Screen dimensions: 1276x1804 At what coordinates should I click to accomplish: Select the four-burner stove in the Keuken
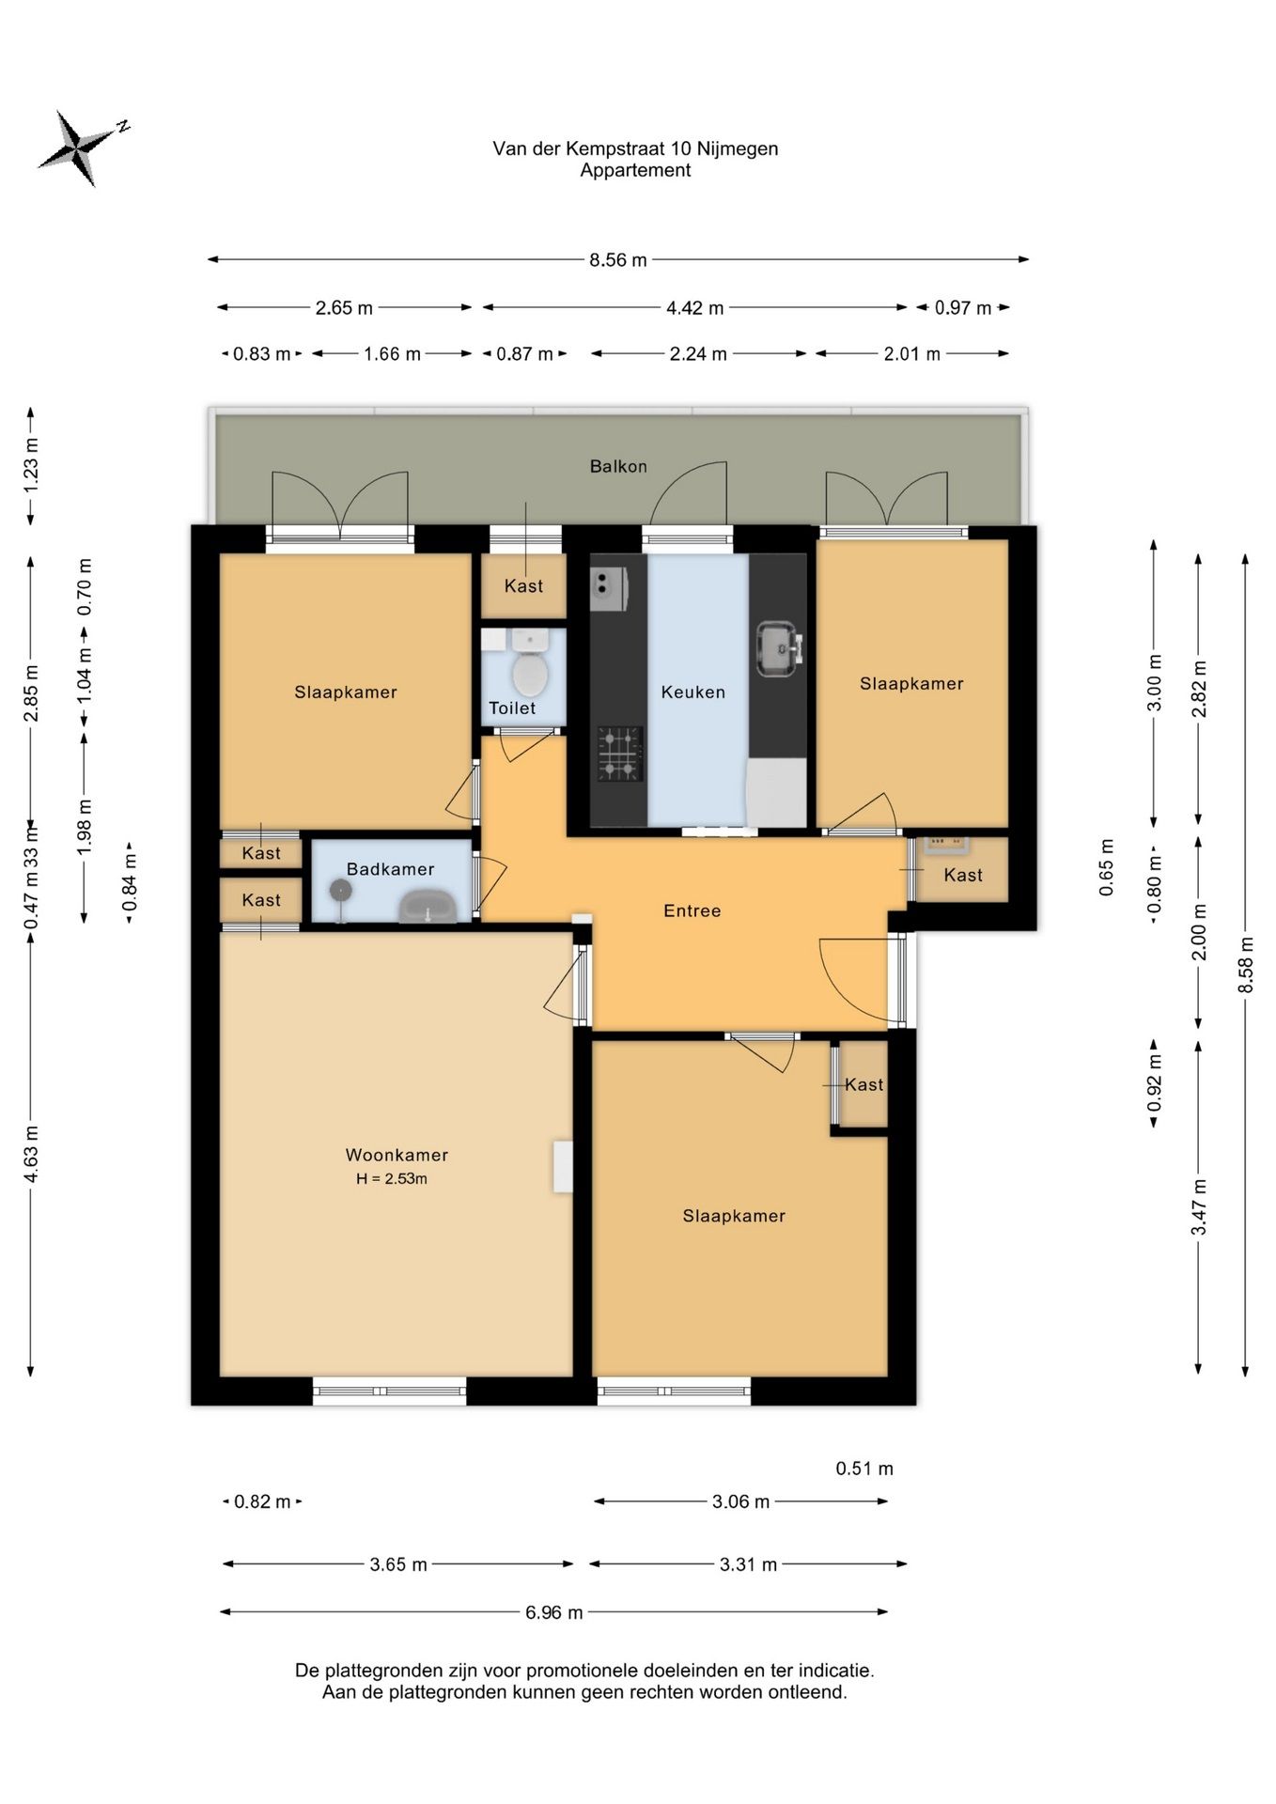coord(620,754)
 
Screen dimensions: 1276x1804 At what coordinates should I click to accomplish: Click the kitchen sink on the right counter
coord(779,647)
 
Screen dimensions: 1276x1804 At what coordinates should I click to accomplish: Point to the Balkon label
coord(618,466)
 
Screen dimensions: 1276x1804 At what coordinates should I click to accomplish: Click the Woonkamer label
coord(397,1155)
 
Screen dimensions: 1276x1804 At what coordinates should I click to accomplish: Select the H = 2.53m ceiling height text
coord(392,1179)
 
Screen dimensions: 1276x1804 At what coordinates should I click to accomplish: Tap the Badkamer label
coord(390,869)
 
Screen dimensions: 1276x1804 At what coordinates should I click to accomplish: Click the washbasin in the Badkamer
coord(428,908)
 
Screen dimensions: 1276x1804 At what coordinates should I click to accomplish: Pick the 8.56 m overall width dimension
coord(618,259)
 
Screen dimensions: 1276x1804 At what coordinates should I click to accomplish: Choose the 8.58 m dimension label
coord(1246,965)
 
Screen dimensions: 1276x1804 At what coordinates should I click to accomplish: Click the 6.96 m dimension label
coord(554,1612)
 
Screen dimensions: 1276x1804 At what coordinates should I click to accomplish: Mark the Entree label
coord(692,910)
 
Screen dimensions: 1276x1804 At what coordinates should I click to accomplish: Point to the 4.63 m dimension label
coord(31,1154)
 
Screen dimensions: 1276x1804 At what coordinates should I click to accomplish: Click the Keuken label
coord(693,692)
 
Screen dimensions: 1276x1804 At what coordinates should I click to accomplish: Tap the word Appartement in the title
coord(635,170)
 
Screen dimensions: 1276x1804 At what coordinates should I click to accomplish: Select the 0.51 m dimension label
coord(864,1469)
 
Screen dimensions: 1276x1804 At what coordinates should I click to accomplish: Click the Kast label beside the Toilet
coord(523,586)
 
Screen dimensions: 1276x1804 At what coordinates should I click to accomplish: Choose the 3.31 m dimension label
coord(749,1564)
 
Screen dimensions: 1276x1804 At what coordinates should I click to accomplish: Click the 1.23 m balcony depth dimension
coord(31,465)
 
